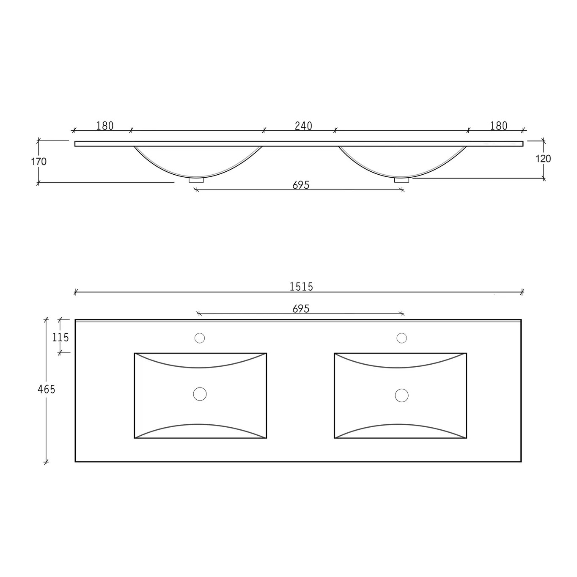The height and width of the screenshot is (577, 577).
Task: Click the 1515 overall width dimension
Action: pos(301,286)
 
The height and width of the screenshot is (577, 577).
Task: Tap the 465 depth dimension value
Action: pos(47,389)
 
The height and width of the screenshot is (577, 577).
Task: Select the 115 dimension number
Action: pos(60,338)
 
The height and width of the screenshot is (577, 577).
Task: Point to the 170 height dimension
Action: pos(39,162)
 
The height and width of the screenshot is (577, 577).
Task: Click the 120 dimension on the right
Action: pos(543,158)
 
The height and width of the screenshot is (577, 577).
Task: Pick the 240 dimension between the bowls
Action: pos(303,126)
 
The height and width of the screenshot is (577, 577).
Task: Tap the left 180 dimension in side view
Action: pos(105,126)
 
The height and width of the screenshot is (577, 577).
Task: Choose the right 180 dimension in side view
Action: pos(499,126)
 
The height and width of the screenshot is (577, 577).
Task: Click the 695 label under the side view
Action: pos(301,185)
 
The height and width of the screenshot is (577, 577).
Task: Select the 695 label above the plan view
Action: pos(301,309)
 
